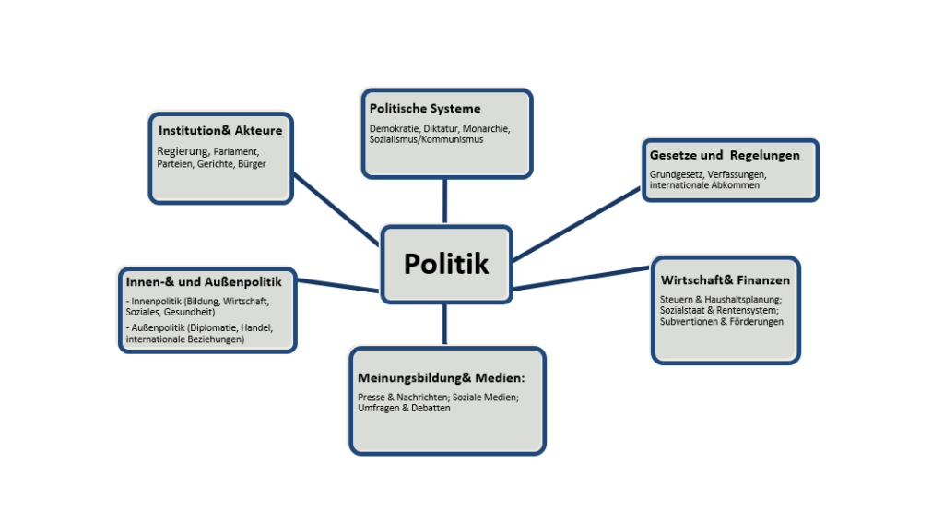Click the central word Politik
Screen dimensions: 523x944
point(446,264)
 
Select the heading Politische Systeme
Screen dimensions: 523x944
point(425,109)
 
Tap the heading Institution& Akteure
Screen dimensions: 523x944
point(219,130)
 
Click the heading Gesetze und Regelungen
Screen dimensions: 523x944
point(725,155)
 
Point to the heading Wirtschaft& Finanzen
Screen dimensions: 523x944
point(725,280)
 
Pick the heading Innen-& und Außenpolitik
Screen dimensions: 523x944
point(203,281)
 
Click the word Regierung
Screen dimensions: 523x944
point(183,151)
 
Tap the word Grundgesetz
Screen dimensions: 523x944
point(677,174)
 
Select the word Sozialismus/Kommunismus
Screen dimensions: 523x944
point(426,139)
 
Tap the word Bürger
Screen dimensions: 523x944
point(252,164)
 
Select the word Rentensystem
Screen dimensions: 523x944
point(740,311)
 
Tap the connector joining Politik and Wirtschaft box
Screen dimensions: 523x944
point(581,279)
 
